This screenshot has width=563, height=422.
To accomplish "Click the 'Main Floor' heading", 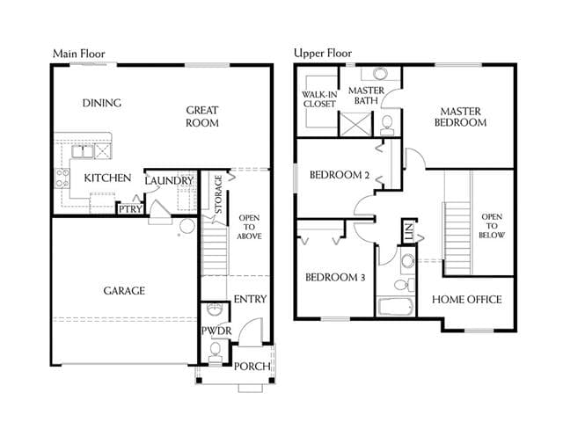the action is tap(78, 54).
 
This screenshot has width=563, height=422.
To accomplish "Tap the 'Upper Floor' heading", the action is tap(323, 53).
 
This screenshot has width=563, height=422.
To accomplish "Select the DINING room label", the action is tap(102, 103).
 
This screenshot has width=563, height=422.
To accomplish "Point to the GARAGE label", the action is tap(124, 291).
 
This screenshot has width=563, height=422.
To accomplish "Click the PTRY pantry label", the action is tap(130, 209).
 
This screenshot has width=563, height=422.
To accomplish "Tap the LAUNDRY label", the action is tap(169, 180).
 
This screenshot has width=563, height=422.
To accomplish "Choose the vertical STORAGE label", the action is tap(218, 194).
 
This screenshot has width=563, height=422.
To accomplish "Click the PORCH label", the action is tap(252, 367).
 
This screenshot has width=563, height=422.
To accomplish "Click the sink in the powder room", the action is tap(215, 309).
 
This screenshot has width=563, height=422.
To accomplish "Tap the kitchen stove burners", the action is tap(62, 178).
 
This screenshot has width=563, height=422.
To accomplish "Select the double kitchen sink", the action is tap(83, 151).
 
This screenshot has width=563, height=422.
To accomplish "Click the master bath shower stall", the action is tap(355, 124).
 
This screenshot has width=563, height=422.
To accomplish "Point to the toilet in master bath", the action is tap(387, 125).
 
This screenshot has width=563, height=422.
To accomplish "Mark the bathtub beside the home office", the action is tap(395, 307).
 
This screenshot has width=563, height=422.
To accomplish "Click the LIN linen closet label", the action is tap(408, 231).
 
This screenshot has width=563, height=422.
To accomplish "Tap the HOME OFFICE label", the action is tap(467, 299).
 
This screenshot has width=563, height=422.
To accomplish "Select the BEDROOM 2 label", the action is tap(340, 175).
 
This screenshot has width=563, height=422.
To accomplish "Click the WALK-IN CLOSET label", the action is tap(319, 99).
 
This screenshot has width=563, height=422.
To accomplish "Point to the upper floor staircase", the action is tap(457, 238).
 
